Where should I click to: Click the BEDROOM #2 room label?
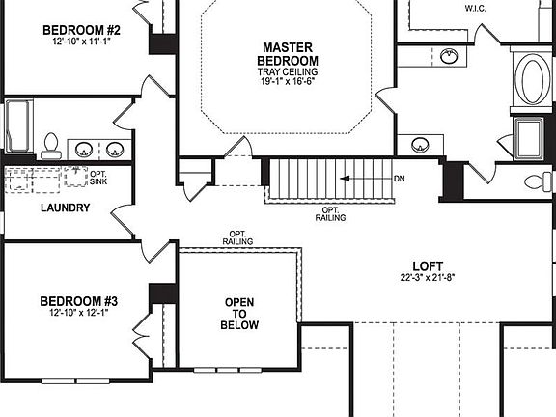coord(80,29)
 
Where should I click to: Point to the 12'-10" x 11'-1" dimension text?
coord(80,42)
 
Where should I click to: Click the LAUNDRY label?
coord(66,208)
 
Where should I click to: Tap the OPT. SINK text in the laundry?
coord(99,178)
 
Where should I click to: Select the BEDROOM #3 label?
coord(80,299)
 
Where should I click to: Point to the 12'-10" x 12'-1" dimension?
coord(80,313)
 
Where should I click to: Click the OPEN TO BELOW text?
coord(240,314)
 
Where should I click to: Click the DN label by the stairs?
coord(400,180)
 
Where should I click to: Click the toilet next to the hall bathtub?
coord(52,146)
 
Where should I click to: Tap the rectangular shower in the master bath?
coord(531,136)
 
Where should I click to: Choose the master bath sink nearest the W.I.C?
coord(449,56)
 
